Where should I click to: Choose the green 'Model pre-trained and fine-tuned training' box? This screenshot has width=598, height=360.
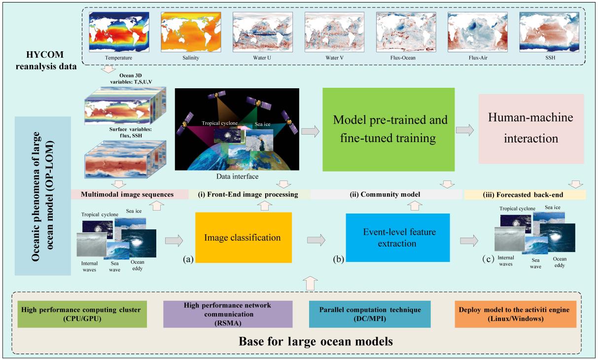pos(388,129)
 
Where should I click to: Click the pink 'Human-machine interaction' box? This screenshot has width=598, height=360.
pos(531,129)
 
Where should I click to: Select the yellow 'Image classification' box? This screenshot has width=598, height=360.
pos(242,238)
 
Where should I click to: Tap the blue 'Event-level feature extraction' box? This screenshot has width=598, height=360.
pos(398,238)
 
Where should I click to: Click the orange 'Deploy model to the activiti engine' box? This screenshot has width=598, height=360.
pos(515,315)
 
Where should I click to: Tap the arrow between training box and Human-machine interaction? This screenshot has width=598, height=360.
pos(465,130)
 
